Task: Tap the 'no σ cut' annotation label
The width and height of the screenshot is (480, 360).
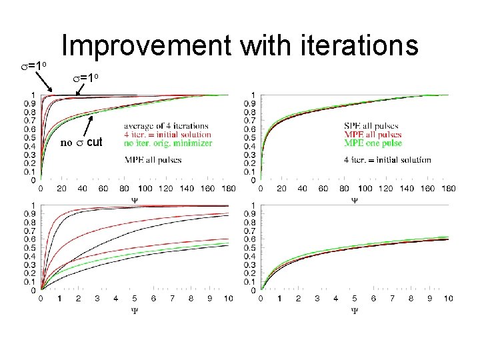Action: point(82,142)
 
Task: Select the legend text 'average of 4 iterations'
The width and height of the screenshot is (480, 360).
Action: point(166,126)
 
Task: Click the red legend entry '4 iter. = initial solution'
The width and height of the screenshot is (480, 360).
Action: point(167,135)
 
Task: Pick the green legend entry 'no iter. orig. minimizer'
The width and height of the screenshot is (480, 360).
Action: point(168,143)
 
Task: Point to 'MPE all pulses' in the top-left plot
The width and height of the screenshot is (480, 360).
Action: point(153,160)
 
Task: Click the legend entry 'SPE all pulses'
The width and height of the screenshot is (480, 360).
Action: point(372,126)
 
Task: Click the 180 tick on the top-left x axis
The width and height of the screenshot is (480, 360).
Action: point(229,189)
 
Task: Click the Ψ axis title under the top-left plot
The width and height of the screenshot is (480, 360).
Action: point(135,199)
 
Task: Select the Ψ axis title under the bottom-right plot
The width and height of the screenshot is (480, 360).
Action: point(355,309)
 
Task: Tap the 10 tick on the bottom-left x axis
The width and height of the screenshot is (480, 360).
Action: point(228,299)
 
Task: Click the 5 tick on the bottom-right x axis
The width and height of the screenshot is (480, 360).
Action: point(354,299)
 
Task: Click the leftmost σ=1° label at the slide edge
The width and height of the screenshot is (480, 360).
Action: point(33,66)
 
